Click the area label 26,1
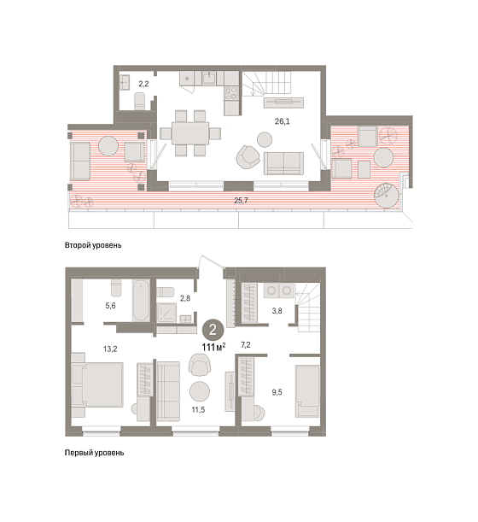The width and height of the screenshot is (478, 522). click(282, 121)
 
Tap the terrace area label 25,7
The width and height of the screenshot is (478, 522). click(242, 201)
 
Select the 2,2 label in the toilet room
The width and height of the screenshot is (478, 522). click(143, 84)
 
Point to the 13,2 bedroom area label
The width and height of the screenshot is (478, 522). click(110, 349)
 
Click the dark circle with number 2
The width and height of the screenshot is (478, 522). click(213, 330)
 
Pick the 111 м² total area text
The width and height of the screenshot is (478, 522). click(213, 347)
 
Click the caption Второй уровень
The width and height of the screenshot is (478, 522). click(93, 245)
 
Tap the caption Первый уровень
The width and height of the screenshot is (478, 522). click(94, 453)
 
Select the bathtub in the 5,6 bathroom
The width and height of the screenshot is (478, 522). click(140, 301)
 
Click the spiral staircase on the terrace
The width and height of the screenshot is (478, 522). click(386, 196)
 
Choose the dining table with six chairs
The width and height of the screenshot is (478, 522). click(190, 133)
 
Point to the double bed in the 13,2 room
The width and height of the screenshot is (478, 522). click(97, 384)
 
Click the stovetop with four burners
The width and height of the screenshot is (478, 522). click(231, 93)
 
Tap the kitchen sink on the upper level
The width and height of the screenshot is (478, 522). click(209, 79)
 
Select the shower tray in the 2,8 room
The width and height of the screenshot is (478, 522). click(166, 313)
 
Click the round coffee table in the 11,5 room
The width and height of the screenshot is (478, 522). click(200, 391)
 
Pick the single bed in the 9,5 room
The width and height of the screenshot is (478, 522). click(307, 390)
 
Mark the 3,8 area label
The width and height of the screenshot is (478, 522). click(277, 311)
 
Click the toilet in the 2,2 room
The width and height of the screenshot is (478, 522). click(140, 101)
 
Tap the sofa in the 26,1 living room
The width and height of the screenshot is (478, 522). click(283, 163)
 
